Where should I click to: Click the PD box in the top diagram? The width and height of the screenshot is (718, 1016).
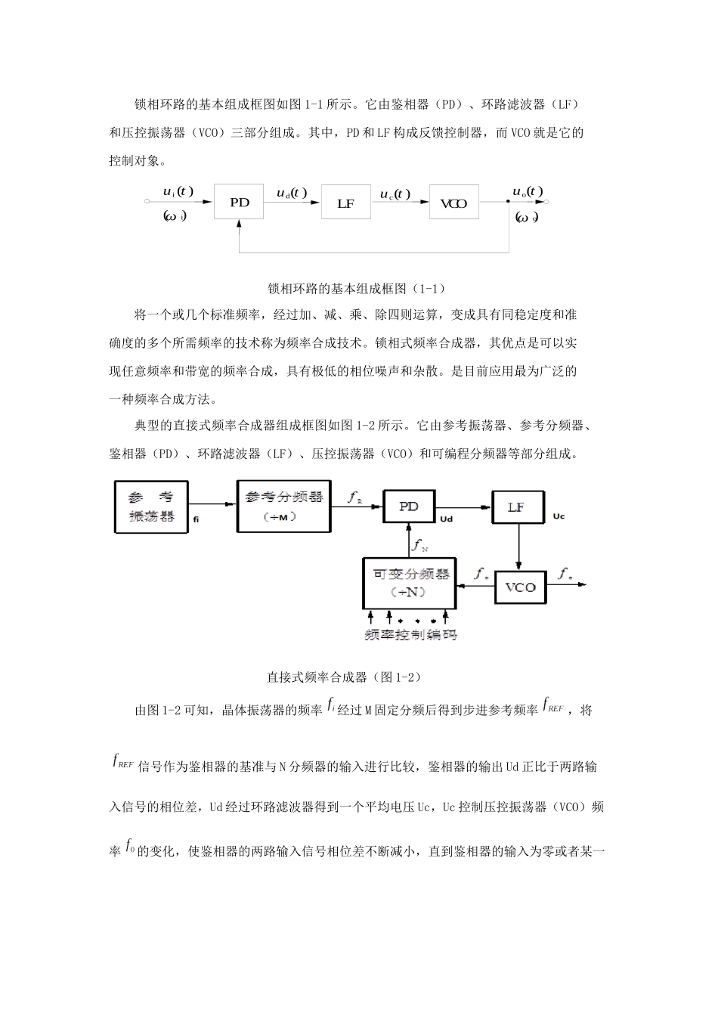pyautogui.click(x=240, y=202)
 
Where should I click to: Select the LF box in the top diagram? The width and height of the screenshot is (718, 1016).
pyautogui.click(x=346, y=203)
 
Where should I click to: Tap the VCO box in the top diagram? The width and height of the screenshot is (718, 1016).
pyautogui.click(x=453, y=203)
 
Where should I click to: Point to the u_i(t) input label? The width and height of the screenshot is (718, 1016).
pyautogui.click(x=178, y=191)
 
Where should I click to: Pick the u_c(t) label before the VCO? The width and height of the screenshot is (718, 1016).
pyautogui.click(x=395, y=194)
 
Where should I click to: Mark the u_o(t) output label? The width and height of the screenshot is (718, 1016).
pyautogui.click(x=528, y=191)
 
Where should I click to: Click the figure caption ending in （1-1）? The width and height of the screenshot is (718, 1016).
pyautogui.click(x=357, y=288)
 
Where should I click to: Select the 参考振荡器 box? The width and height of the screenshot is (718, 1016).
pyautogui.click(x=151, y=507)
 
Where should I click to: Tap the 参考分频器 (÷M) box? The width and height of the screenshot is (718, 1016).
pyautogui.click(x=283, y=506)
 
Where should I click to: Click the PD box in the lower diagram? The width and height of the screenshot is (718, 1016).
pyautogui.click(x=409, y=506)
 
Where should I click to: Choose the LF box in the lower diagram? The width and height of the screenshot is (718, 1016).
pyautogui.click(x=517, y=507)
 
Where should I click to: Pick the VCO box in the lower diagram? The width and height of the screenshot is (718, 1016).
pyautogui.click(x=520, y=587)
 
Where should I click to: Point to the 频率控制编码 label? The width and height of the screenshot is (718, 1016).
pyautogui.click(x=410, y=635)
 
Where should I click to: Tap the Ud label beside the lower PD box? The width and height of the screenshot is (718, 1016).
pyautogui.click(x=446, y=519)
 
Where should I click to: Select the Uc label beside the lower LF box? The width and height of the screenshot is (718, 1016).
pyautogui.click(x=559, y=516)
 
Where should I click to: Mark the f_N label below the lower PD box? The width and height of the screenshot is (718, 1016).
pyautogui.click(x=419, y=544)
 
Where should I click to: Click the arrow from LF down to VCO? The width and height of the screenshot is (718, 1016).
pyautogui.click(x=518, y=547)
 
